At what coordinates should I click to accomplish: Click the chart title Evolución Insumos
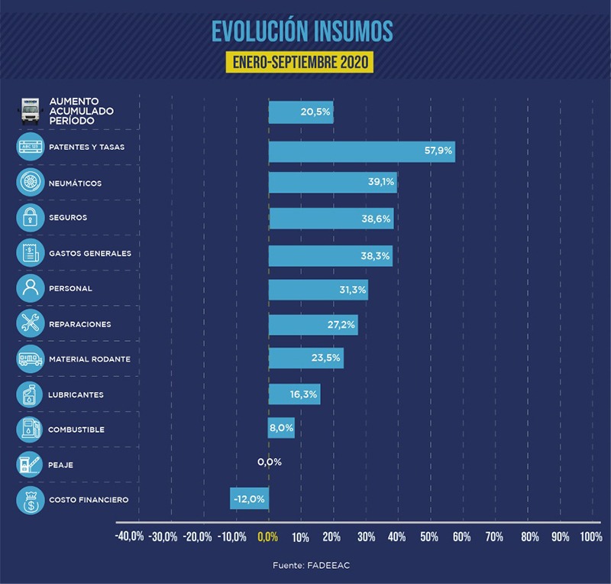coord(302,30)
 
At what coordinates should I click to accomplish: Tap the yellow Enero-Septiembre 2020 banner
coord(302,61)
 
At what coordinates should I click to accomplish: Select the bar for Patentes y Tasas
coord(361,151)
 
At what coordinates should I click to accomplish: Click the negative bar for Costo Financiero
coord(249,498)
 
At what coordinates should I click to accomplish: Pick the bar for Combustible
coord(281,428)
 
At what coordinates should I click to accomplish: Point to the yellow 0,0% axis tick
coord(268,537)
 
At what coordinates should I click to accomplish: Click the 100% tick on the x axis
coord(590,537)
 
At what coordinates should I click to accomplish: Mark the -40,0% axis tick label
coord(129,537)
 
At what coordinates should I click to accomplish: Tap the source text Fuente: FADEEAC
coord(305,566)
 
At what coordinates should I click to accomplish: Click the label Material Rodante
coord(89,359)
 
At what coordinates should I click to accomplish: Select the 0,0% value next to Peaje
coord(270,462)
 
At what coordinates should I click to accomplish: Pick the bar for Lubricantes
coord(294,394)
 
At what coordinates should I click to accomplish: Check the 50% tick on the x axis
coord(429,537)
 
